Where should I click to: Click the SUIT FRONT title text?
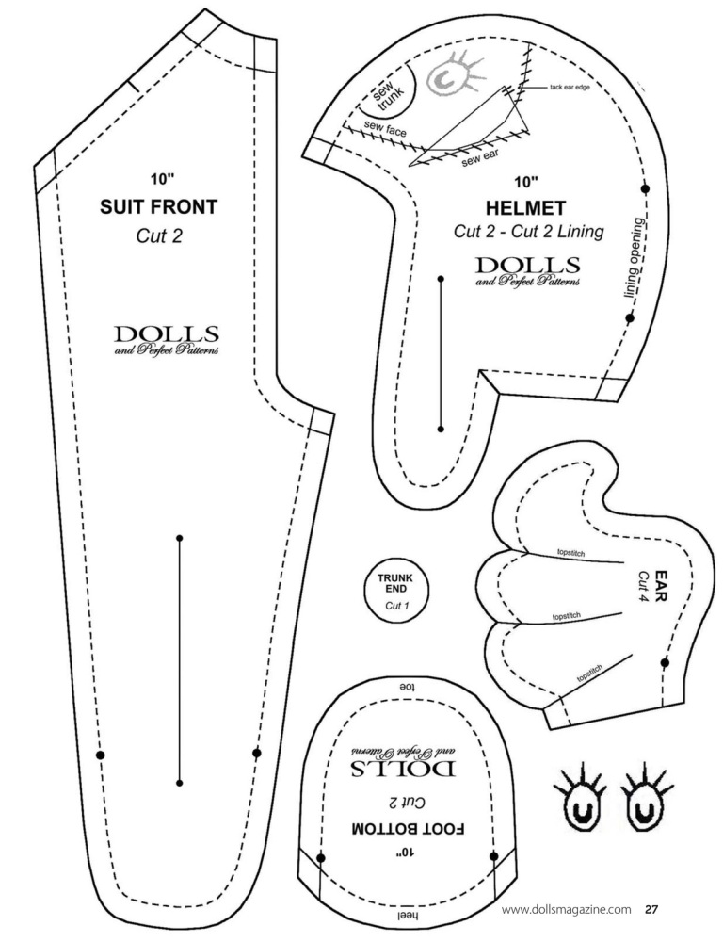[x=158, y=206]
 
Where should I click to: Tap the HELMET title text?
[x=525, y=208]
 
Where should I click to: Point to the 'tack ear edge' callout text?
[x=570, y=88]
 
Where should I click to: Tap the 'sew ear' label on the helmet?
[x=480, y=158]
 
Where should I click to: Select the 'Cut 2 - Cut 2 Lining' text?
[x=528, y=231]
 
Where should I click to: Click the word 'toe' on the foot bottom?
[x=409, y=686]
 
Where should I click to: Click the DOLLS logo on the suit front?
[x=167, y=339]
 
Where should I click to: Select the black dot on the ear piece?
[x=665, y=663]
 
